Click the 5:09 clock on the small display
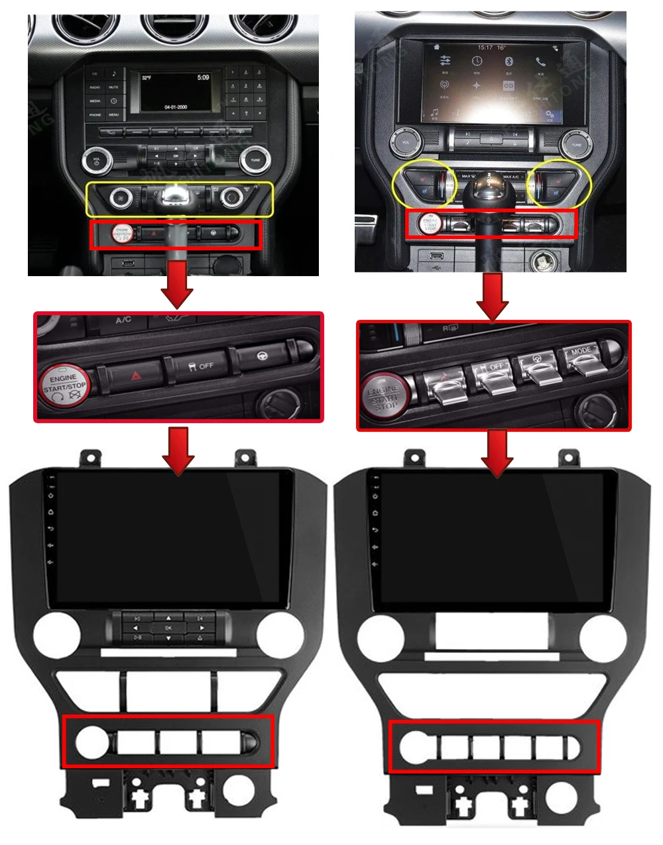pyautogui.click(x=203, y=77)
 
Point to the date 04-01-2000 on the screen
pyautogui.click(x=176, y=107)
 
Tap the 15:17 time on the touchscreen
pyautogui.click(x=485, y=48)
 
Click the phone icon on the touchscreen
pyautogui.click(x=541, y=62)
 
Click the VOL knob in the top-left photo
pyautogui.click(x=96, y=160)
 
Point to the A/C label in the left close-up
pyautogui.click(x=123, y=321)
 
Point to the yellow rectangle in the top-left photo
pyautogui.click(x=180, y=199)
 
